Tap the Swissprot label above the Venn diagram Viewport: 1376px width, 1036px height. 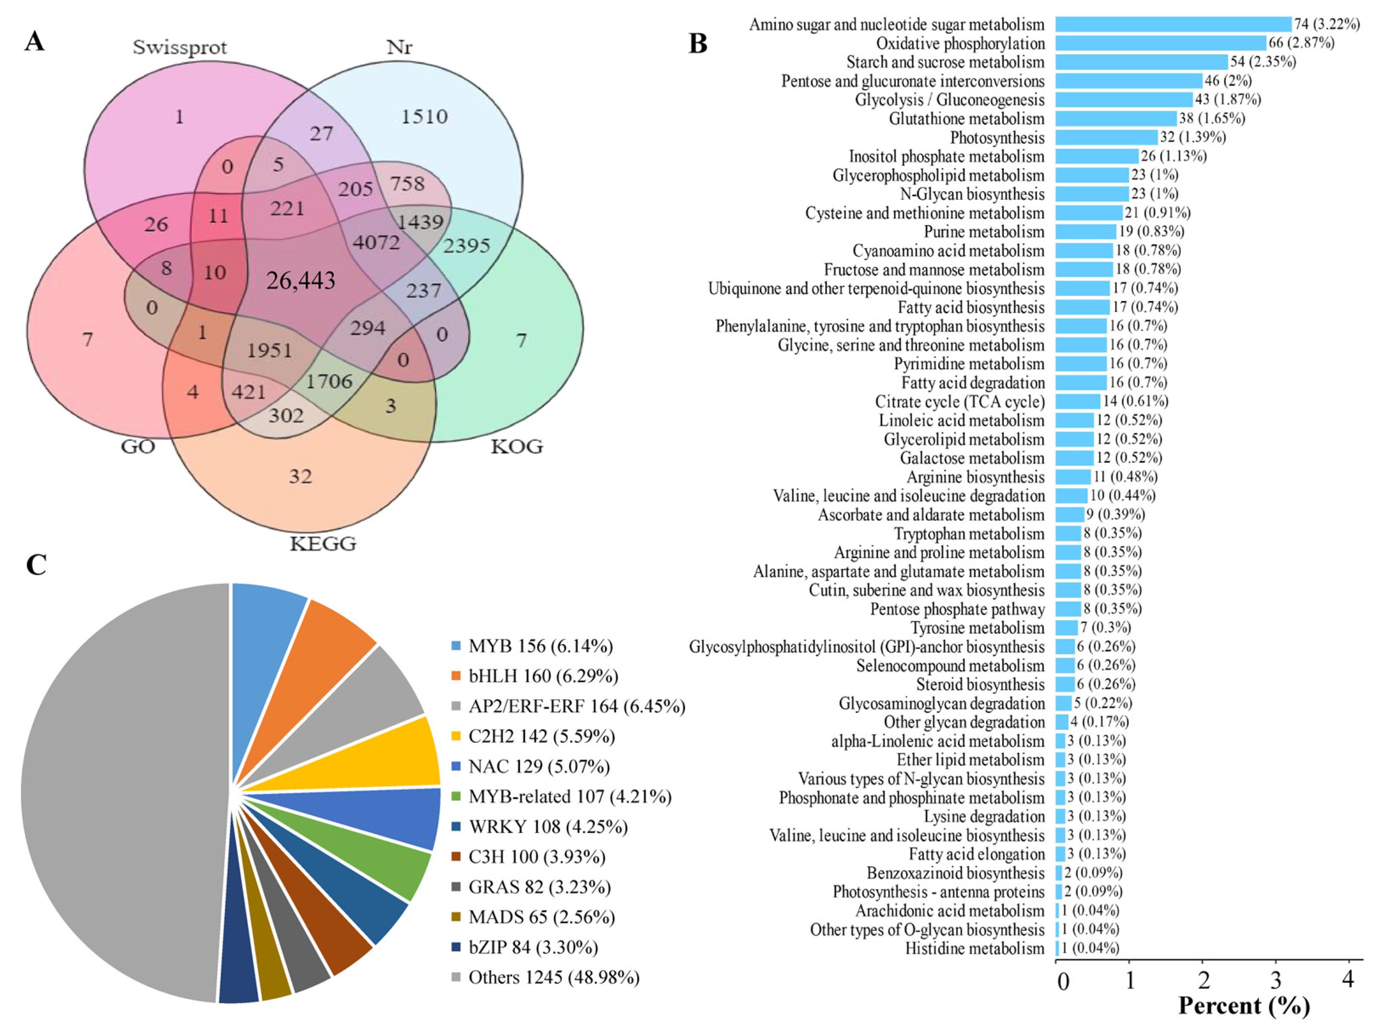[x=180, y=47]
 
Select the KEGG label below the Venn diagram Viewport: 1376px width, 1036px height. [x=323, y=544]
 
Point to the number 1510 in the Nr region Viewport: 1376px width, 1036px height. [x=424, y=116]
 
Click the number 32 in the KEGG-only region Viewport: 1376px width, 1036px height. [x=301, y=477]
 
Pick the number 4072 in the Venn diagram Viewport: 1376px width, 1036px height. [x=376, y=241]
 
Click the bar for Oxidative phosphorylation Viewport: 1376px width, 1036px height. [x=1160, y=43]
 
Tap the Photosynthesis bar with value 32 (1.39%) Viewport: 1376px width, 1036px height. [x=1106, y=137]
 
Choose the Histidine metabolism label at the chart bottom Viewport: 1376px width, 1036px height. [x=974, y=948]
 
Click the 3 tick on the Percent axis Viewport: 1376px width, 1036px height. [x=1276, y=981]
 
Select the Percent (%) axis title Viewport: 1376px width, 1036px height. [x=1243, y=1006]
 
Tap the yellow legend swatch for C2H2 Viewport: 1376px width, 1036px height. [x=456, y=736]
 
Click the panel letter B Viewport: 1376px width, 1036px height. [x=698, y=43]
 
